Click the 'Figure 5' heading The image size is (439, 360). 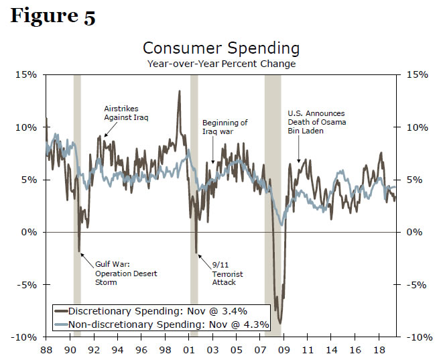point(53,16)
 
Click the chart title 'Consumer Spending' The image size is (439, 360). point(221,49)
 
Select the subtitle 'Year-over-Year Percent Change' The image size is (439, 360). point(221,64)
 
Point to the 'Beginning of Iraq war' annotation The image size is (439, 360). point(225,127)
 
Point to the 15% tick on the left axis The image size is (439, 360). point(27,74)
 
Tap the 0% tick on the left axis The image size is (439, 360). point(29,232)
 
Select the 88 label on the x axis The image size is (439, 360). point(46,350)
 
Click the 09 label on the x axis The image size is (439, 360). point(284,350)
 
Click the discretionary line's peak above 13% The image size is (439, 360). point(179,91)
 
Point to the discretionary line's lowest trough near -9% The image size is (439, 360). point(280,323)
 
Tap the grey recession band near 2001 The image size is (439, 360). point(194,201)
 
